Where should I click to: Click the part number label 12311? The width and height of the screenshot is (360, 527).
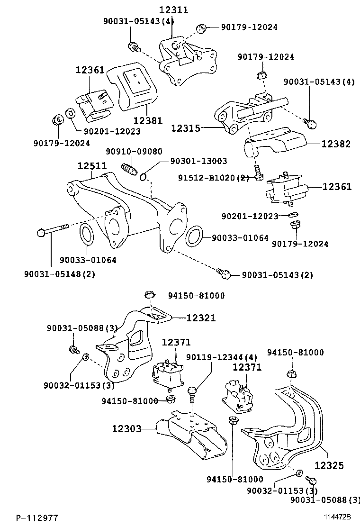[173, 9]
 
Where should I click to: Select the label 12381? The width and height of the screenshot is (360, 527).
[148, 121]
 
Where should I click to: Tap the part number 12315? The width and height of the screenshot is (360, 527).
[186, 128]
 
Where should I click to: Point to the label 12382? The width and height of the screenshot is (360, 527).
[337, 144]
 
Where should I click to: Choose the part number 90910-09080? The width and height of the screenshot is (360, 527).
[134, 152]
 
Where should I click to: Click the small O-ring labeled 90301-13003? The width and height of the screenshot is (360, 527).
[144, 178]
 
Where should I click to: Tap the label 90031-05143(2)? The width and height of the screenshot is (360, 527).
[277, 274]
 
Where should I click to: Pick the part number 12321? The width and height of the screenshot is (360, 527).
[200, 318]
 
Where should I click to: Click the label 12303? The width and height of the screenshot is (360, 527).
[127, 429]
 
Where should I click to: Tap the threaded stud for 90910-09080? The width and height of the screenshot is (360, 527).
[129, 168]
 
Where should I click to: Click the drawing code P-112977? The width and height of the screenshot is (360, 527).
[38, 518]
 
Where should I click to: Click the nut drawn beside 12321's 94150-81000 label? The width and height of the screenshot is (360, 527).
[148, 295]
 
